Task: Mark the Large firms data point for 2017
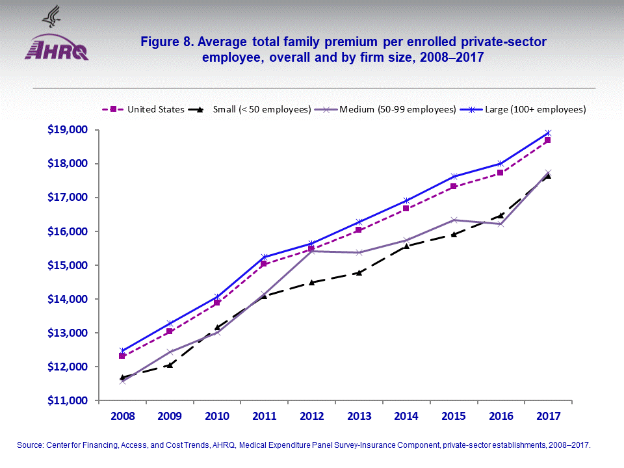click(x=548, y=133)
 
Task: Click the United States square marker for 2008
click(x=122, y=356)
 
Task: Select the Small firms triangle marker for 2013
click(x=359, y=272)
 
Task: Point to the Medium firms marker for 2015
click(x=454, y=220)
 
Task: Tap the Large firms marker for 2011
click(x=264, y=257)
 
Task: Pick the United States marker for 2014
click(x=406, y=208)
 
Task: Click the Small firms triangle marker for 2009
click(x=170, y=365)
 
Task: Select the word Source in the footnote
click(x=29, y=445)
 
